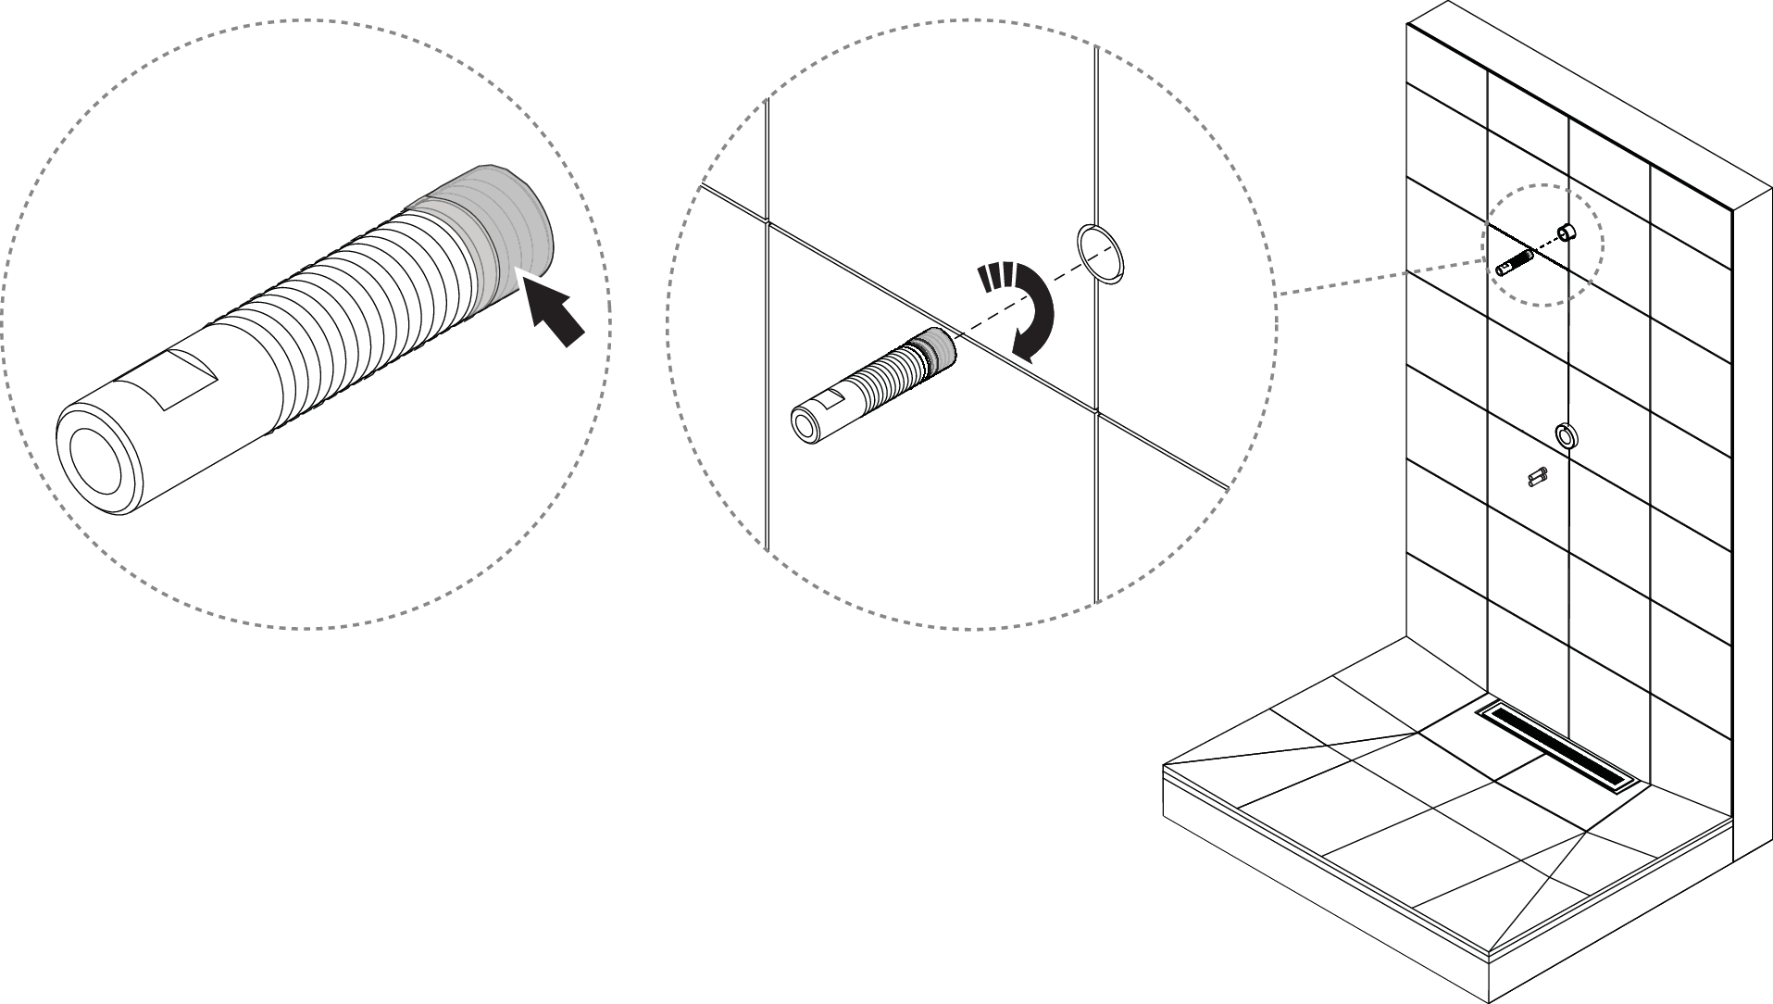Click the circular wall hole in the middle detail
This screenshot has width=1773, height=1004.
pos(1100,251)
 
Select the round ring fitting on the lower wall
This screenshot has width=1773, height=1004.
pos(1565,434)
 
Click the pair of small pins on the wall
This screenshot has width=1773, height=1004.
pos(1538,477)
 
